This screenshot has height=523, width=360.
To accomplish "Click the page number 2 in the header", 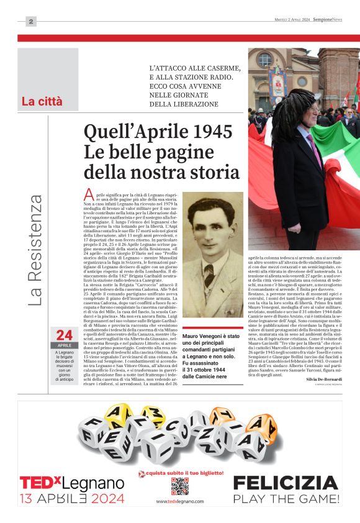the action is point(30,22).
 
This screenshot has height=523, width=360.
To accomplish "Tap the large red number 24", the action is point(65,335).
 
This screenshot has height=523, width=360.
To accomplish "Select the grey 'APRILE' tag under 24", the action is point(65,345).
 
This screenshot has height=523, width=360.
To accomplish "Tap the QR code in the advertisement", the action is point(180,486).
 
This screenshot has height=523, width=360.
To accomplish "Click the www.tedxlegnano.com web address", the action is point(180,501).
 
